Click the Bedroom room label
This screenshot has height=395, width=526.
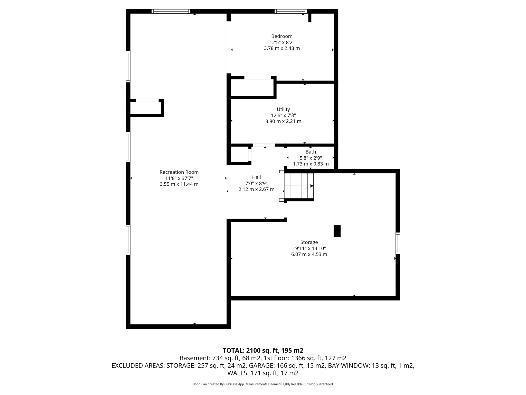click(x=282, y=36)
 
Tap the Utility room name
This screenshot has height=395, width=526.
click(x=283, y=109)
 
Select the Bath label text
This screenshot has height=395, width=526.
click(x=311, y=152)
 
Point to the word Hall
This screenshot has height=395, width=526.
click(x=256, y=177)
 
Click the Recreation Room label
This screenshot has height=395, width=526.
click(x=179, y=172)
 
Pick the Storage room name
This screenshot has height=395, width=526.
click(x=309, y=242)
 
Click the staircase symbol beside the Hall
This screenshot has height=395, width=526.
click(x=299, y=186)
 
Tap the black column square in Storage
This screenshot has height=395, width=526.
click(x=337, y=231)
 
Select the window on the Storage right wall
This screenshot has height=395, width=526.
click(x=398, y=243)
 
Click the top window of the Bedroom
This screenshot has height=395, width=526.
click(x=291, y=11)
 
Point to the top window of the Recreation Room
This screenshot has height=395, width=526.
click(x=171, y=11)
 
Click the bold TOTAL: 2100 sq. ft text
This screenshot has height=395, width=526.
click(x=263, y=351)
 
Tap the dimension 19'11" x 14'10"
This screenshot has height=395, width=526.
click(x=309, y=248)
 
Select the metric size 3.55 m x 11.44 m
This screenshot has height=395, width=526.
click(x=179, y=184)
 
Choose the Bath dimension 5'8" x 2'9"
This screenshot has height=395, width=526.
click(x=311, y=158)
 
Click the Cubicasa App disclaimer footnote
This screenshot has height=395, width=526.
click(x=263, y=384)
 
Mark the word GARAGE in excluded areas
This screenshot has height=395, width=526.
click(x=261, y=365)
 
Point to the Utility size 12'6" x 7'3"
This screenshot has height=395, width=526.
click(x=283, y=115)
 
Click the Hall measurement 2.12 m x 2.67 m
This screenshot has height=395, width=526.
click(x=256, y=189)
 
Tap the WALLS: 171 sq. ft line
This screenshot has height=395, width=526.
click(x=263, y=373)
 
